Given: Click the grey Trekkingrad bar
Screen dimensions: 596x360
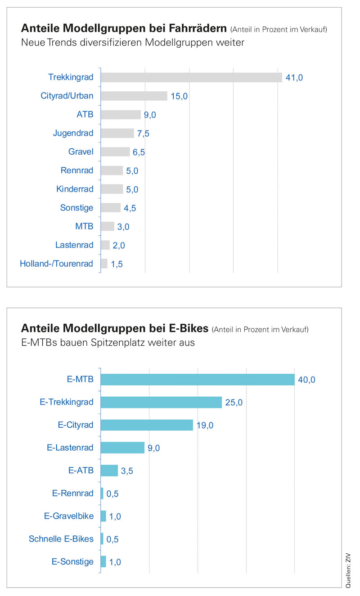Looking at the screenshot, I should (191, 77).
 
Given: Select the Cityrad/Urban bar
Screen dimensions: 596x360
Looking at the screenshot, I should (134, 96).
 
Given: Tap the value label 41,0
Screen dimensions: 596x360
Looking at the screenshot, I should (294, 78).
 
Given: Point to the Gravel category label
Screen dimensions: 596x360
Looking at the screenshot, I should (81, 152).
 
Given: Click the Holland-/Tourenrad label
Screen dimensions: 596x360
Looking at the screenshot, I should (57, 264).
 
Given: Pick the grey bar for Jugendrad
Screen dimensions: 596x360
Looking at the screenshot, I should (117, 133).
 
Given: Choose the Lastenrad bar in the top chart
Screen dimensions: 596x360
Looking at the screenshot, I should (105, 245).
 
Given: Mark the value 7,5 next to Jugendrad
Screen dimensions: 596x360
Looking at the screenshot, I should (144, 134).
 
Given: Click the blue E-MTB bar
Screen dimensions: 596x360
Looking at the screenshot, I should (197, 379).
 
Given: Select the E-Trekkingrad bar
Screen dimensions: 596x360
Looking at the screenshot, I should (161, 402).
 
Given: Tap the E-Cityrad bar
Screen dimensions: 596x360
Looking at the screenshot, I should (147, 425).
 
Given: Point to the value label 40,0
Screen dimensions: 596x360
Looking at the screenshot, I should (306, 380).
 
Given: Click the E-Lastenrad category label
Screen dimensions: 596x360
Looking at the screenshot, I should (70, 448).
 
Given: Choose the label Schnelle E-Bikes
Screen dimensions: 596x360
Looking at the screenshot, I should (61, 538).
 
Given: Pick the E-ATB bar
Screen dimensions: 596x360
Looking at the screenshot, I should (109, 471).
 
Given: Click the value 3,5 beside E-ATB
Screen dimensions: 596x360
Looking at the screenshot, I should (127, 471).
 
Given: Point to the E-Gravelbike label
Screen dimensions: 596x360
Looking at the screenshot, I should (69, 516).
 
